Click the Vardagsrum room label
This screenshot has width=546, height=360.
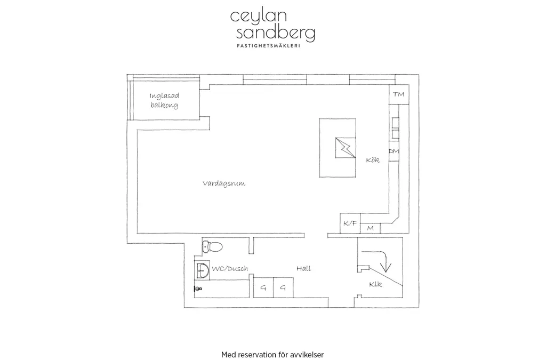(224, 183)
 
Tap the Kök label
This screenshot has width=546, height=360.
(373, 160)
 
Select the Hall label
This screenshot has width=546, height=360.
(303, 268)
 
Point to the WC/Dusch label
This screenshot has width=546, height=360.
(230, 268)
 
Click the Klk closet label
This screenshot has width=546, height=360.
(375, 284)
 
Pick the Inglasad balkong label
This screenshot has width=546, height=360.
(164, 100)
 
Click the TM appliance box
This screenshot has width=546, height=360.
(399, 94)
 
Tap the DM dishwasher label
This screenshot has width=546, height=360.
(394, 151)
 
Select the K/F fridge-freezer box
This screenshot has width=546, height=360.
(350, 223)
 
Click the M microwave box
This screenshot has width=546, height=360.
(370, 228)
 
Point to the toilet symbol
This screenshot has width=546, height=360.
(212, 246)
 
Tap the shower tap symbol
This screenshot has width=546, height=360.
(198, 289)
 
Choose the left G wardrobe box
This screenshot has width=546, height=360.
(263, 287)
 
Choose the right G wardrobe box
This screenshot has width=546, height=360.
(283, 287)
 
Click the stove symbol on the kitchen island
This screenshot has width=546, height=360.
(346, 148)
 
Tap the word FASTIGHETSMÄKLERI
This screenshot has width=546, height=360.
(268, 45)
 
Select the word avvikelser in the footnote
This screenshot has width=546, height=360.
(309, 355)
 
